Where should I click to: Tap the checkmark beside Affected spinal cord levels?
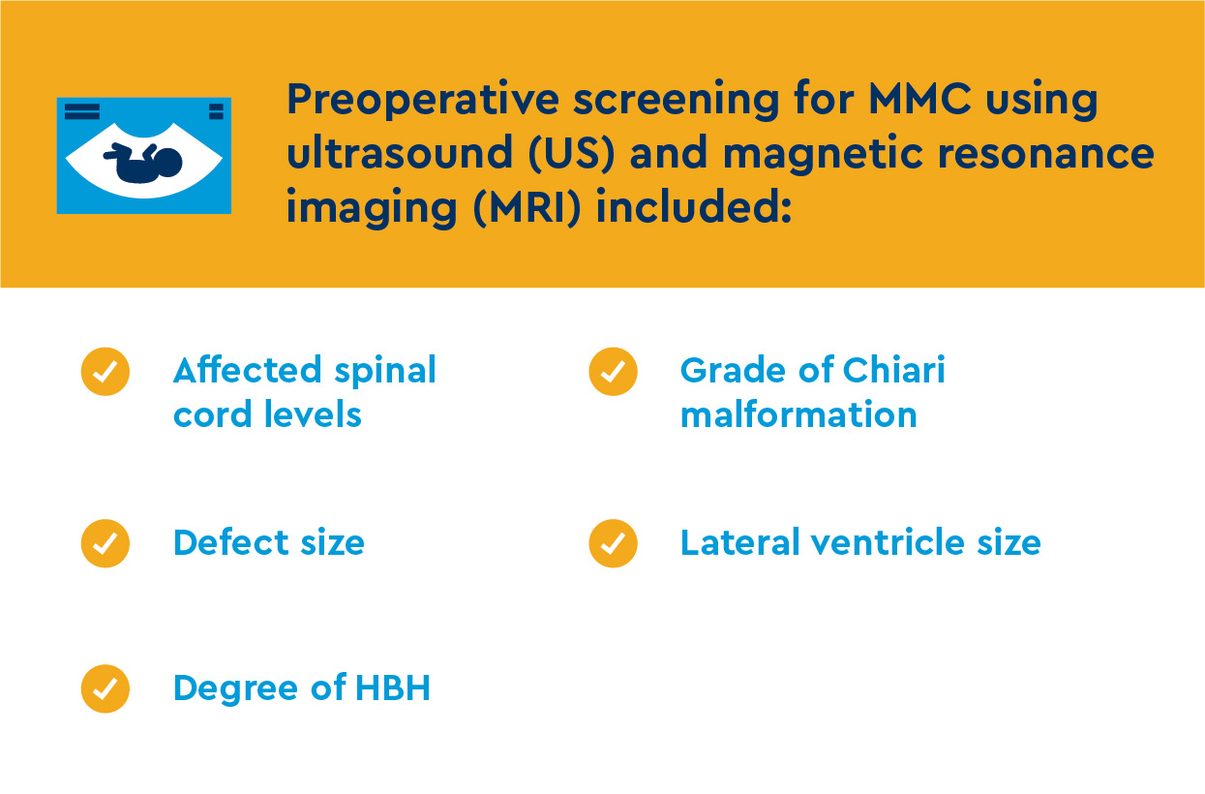(x=105, y=372)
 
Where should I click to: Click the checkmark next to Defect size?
(x=105, y=543)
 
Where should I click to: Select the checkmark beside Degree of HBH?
(x=105, y=688)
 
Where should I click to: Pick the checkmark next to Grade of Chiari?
(x=613, y=372)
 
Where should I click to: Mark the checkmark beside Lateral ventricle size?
(x=613, y=543)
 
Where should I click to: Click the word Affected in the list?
(x=247, y=370)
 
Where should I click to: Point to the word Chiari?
(x=894, y=370)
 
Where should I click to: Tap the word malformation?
(x=798, y=414)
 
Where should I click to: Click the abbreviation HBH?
(x=393, y=688)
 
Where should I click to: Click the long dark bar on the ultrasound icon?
(x=82, y=108)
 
